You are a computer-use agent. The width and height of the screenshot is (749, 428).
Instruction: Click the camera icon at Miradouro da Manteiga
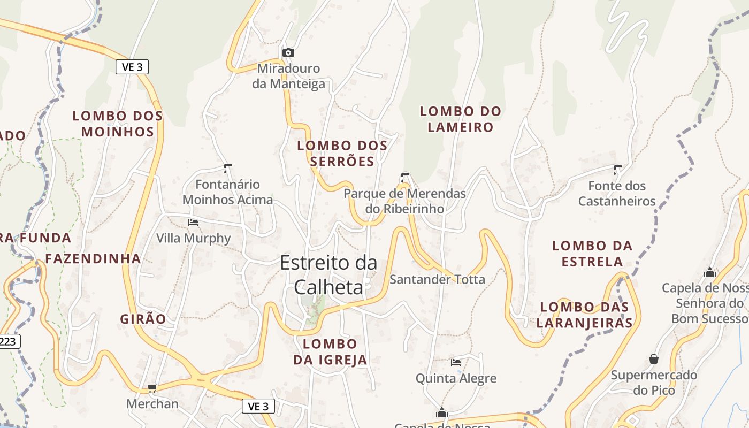[288, 52]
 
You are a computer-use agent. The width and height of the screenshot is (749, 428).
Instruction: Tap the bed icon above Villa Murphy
[193, 222]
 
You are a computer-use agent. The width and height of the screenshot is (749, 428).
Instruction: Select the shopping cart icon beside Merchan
[152, 388]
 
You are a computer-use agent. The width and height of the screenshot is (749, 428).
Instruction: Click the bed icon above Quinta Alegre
[456, 362]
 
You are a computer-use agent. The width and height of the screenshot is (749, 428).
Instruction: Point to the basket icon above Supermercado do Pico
[653, 358]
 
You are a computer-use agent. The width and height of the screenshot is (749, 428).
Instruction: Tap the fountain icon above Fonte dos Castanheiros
[617, 170]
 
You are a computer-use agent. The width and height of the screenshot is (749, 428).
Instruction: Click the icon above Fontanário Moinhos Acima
[228, 169]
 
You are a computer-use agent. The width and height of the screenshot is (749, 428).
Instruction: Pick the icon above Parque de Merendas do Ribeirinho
[405, 177]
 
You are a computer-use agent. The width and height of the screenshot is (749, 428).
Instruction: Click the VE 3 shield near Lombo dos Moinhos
[132, 67]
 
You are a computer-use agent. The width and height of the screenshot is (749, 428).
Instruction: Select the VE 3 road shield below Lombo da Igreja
[258, 406]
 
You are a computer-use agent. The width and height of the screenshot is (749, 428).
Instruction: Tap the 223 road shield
[8, 341]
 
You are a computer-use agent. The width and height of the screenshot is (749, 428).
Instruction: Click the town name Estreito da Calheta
[328, 274]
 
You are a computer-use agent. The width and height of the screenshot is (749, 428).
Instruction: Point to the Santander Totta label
[437, 279]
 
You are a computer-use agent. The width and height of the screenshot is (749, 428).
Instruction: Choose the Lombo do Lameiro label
[460, 119]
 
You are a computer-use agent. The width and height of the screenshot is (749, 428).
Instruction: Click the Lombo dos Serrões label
[342, 154]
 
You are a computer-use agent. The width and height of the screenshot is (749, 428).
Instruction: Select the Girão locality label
[143, 319]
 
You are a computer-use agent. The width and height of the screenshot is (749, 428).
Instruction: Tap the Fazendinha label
[93, 259]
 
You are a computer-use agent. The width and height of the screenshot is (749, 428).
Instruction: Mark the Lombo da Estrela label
[592, 254]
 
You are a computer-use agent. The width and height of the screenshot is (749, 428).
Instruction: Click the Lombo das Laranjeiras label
[584, 315]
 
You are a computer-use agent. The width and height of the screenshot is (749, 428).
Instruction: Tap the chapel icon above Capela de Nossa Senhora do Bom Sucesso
[710, 272]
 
